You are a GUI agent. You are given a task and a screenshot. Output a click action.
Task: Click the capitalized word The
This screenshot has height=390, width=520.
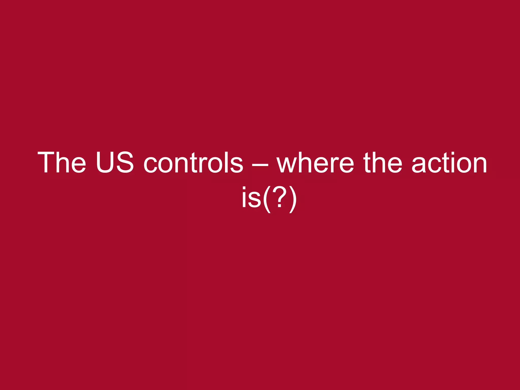[62, 162]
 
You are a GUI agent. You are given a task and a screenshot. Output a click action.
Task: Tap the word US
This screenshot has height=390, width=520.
[115, 162]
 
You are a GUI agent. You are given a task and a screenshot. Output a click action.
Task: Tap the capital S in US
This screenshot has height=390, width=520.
[124, 162]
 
